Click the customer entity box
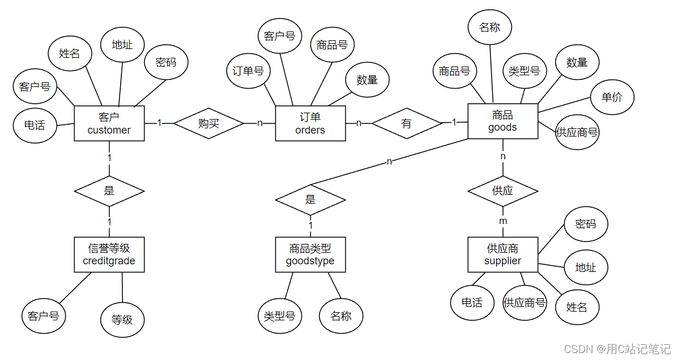click(x=109, y=123)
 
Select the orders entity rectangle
click(x=310, y=123)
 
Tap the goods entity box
click(x=503, y=121)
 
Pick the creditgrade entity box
click(x=109, y=254)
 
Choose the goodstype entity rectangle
click(x=310, y=254)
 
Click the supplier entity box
click(x=503, y=254)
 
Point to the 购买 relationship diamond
click(x=209, y=123)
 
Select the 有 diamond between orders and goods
click(x=407, y=123)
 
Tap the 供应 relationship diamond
click(x=503, y=191)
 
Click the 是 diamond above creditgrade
click(x=109, y=191)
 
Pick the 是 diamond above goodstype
click(x=310, y=200)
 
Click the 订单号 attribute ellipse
click(x=248, y=71)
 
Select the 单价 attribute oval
click(x=612, y=97)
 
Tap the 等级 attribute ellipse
click(x=122, y=320)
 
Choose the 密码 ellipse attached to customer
click(x=166, y=62)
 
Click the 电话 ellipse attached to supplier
click(x=472, y=303)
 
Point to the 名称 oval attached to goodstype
click(x=341, y=316)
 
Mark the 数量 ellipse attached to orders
click(x=367, y=80)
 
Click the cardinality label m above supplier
click(x=503, y=221)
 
